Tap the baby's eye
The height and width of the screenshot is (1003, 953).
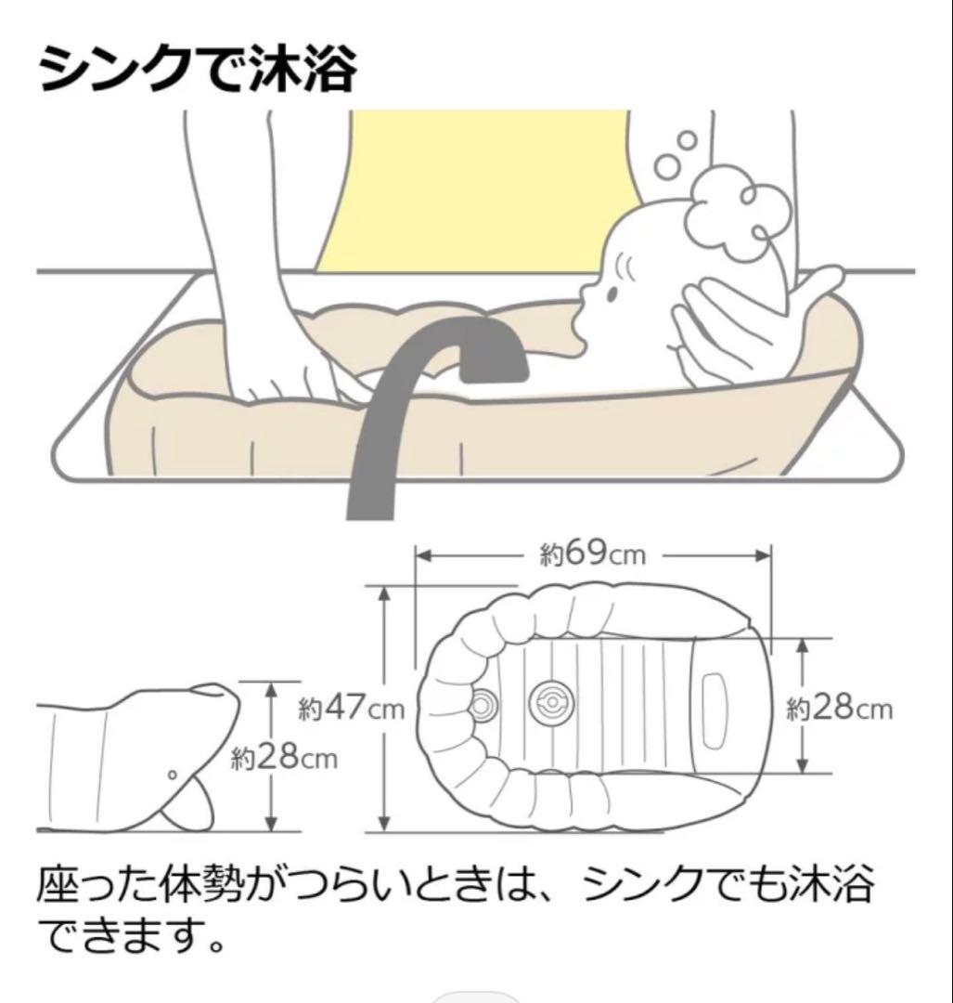coord(611,294)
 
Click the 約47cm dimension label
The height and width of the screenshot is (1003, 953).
coord(352,708)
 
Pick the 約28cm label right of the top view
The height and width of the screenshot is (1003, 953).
coord(839,709)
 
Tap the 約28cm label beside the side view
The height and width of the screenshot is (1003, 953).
coord(284,758)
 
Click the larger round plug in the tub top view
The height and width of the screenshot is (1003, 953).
coord(551,702)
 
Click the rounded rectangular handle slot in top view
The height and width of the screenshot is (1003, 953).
coord(713,710)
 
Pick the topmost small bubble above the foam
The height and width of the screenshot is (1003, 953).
coord(687,139)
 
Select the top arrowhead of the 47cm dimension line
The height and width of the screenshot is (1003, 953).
coord(384,595)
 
